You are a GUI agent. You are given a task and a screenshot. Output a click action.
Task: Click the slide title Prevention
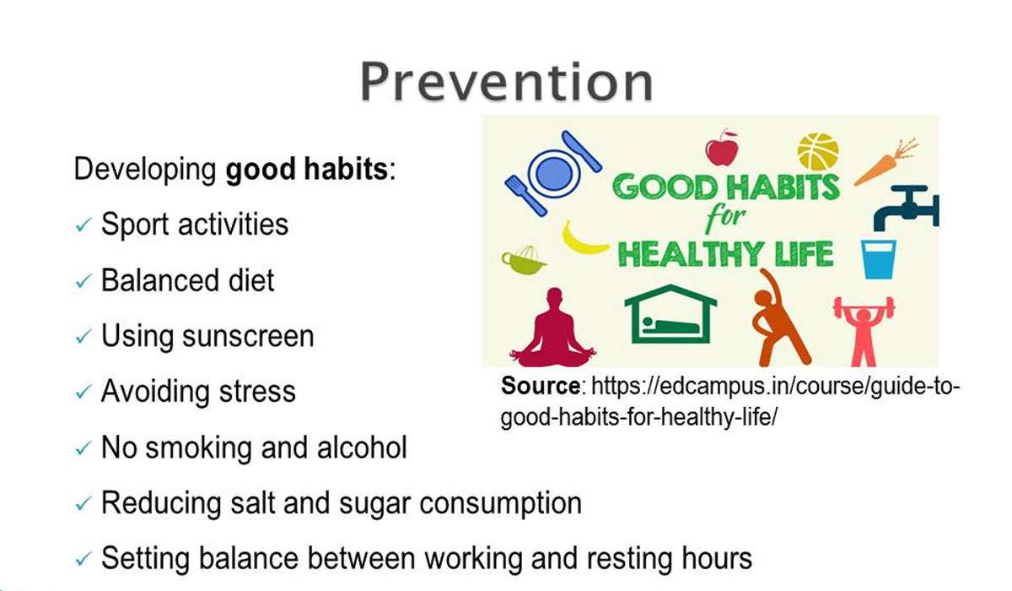coord(506,81)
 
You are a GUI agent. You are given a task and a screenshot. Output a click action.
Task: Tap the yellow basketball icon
coord(817,151)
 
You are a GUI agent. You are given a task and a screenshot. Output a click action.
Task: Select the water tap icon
coord(902,207)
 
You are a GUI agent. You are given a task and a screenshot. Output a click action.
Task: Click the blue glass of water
coord(878,258)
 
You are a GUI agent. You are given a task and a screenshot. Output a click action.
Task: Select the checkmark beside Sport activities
coord(83,226)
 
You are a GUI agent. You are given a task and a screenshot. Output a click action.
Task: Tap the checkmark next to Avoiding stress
coord(83,393)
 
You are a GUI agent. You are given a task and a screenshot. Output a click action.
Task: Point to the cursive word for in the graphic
coord(724,218)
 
